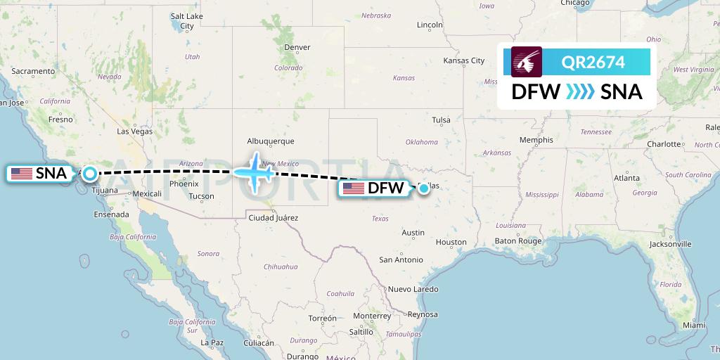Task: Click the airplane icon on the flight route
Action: point(254,171)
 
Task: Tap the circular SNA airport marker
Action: point(90,173)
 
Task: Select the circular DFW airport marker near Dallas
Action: point(424,188)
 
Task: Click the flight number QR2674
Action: point(593,63)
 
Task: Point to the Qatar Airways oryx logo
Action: point(527,62)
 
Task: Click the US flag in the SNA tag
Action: point(21,173)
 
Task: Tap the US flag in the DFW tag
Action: point(353,188)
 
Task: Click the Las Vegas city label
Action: point(134,131)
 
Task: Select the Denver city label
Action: point(297,47)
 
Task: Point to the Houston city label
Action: point(451,242)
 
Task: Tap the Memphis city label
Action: point(536,140)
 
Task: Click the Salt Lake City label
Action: point(187,21)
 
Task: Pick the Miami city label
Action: point(693,325)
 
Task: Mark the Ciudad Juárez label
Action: point(274,218)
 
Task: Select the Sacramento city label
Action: point(33,71)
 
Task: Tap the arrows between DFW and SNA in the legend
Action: point(580,91)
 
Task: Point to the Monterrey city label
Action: point(371,315)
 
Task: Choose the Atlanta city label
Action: point(626,178)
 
